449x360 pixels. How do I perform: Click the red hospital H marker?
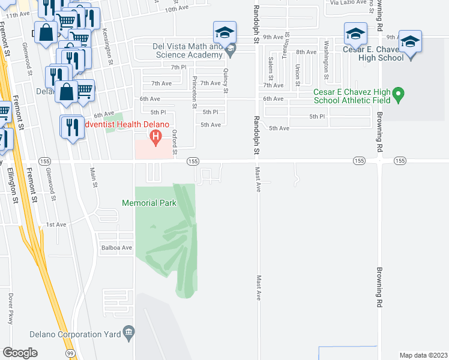pos(156,138)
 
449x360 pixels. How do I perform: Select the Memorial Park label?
pos(149,203)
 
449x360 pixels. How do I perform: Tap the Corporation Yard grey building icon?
pos(128,332)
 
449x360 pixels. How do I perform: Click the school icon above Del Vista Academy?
pos(224,33)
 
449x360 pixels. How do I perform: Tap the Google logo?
pos(20,353)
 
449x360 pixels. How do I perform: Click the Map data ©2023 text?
pos(423,355)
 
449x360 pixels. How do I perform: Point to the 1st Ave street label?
pos(56,224)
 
